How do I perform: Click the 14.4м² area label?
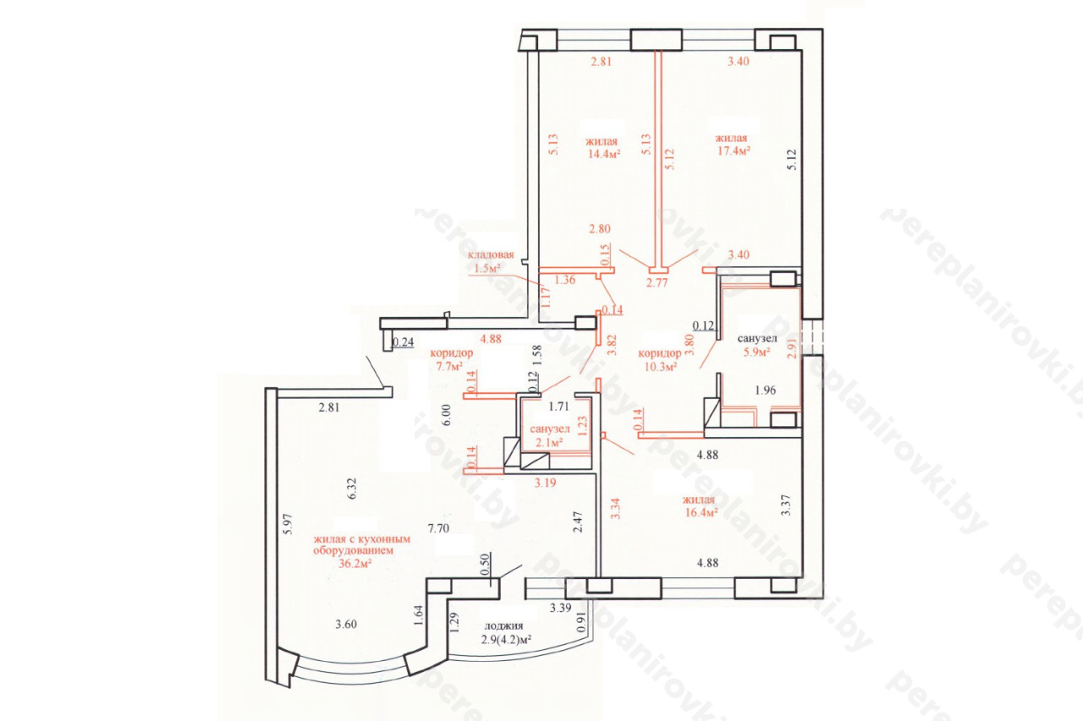point(604,154)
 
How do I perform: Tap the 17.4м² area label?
point(734,150)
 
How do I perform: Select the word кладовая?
point(491,254)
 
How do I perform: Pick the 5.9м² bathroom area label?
point(756,352)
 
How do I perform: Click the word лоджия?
point(503,625)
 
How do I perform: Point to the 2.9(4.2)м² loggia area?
point(506,639)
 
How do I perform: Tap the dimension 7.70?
point(438,528)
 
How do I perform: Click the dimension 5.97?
point(289,523)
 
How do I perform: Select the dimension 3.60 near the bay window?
point(346,625)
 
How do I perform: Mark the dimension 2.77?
point(657,283)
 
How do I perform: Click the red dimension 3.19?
point(545,483)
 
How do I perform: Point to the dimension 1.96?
point(766,391)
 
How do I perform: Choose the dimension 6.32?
point(352,489)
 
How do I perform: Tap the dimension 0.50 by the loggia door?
point(486,564)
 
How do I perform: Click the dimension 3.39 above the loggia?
point(561,608)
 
